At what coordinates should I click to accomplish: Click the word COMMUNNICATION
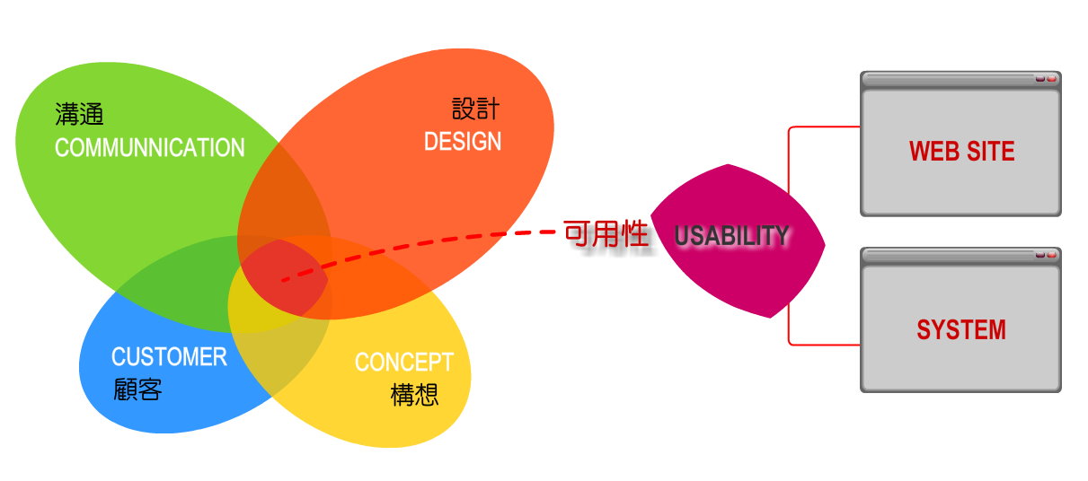(150, 147)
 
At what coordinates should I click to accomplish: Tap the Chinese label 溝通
(79, 115)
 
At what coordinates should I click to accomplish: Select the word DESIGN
(463, 142)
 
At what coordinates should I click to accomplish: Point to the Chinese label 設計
(475, 109)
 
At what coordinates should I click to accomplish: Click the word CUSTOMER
(169, 357)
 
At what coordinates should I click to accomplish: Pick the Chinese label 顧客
(137, 389)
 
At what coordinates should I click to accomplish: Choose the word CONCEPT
(404, 362)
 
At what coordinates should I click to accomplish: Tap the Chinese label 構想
(414, 395)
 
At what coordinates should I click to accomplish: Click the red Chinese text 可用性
(606, 234)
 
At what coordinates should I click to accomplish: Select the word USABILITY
(731, 236)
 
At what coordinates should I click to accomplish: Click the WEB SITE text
(961, 151)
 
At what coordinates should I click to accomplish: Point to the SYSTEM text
(961, 330)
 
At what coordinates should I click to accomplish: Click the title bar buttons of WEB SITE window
(1046, 79)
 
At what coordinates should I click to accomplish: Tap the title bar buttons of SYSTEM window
(1046, 255)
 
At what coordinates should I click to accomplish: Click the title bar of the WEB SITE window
(960, 79)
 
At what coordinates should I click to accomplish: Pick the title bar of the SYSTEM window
(960, 255)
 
